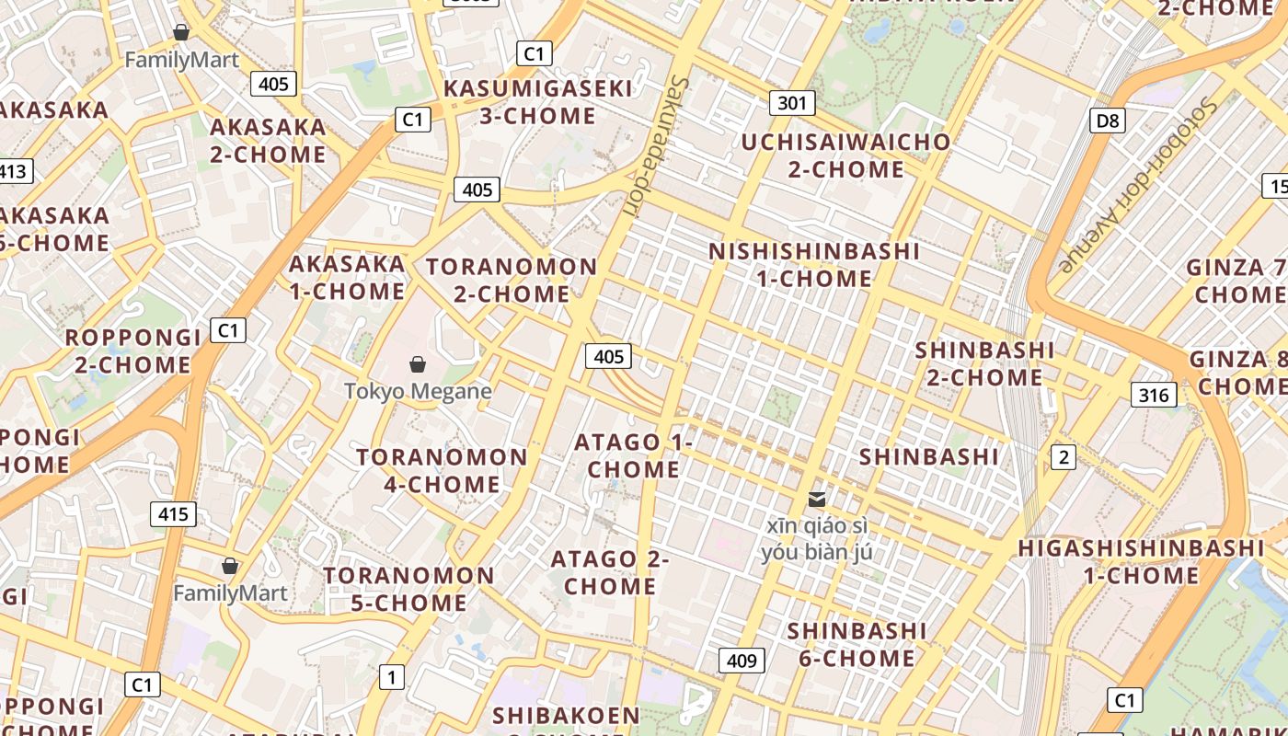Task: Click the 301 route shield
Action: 791,103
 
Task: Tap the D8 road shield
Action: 1109,121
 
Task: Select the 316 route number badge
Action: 1153,396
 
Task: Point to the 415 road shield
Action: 173,514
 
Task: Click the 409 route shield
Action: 741,661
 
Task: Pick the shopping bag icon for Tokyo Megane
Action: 418,364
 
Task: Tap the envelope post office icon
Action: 816,500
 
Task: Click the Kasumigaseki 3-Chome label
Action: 538,102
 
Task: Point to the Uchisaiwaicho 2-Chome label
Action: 845,155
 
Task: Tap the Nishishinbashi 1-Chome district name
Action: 814,264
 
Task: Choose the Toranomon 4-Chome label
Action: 442,470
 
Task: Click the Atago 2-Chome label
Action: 610,572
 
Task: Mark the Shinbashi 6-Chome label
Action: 857,644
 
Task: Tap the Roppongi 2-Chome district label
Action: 132,351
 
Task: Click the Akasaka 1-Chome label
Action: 347,277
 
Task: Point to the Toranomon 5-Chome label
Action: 408,589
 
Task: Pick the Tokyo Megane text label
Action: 418,391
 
